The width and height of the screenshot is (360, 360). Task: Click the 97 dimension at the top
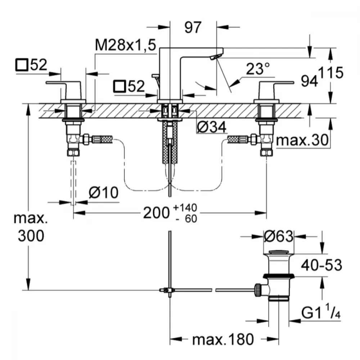pos(193,27)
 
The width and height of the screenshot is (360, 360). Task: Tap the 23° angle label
pos(258,69)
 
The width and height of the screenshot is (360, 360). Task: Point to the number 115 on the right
pos(330,73)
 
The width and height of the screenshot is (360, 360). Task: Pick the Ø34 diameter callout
pos(212,127)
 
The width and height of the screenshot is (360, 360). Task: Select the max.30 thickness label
pos(302,140)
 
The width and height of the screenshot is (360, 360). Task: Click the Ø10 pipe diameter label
pos(104,192)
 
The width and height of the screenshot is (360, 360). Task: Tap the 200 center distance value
pos(156,213)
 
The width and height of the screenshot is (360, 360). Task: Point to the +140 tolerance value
pos(185,207)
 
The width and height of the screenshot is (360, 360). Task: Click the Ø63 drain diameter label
pos(279,236)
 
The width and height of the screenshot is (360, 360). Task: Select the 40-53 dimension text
pos(321,265)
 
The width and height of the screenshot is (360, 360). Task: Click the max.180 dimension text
pos(223,339)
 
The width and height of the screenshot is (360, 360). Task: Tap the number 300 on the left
pos(31,236)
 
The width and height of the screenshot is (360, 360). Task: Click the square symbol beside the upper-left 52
pos(22,65)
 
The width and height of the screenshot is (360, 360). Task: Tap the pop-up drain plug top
pos(279,252)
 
